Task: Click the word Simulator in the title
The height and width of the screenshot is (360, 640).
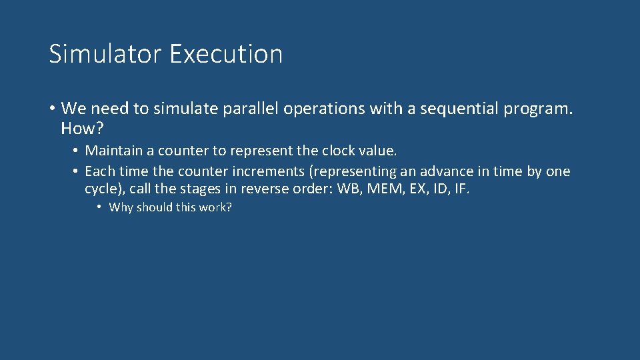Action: tap(105, 54)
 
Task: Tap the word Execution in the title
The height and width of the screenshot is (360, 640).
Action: tap(226, 54)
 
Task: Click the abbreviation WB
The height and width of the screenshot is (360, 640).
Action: tap(348, 189)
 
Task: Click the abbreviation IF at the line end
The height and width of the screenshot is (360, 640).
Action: tap(462, 189)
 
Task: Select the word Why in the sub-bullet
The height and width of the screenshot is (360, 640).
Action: tap(121, 207)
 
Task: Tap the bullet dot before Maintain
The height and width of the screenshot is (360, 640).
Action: tap(77, 151)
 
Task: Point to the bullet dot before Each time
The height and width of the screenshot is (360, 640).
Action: tap(77, 171)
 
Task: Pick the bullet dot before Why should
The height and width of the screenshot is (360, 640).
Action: tap(99, 207)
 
